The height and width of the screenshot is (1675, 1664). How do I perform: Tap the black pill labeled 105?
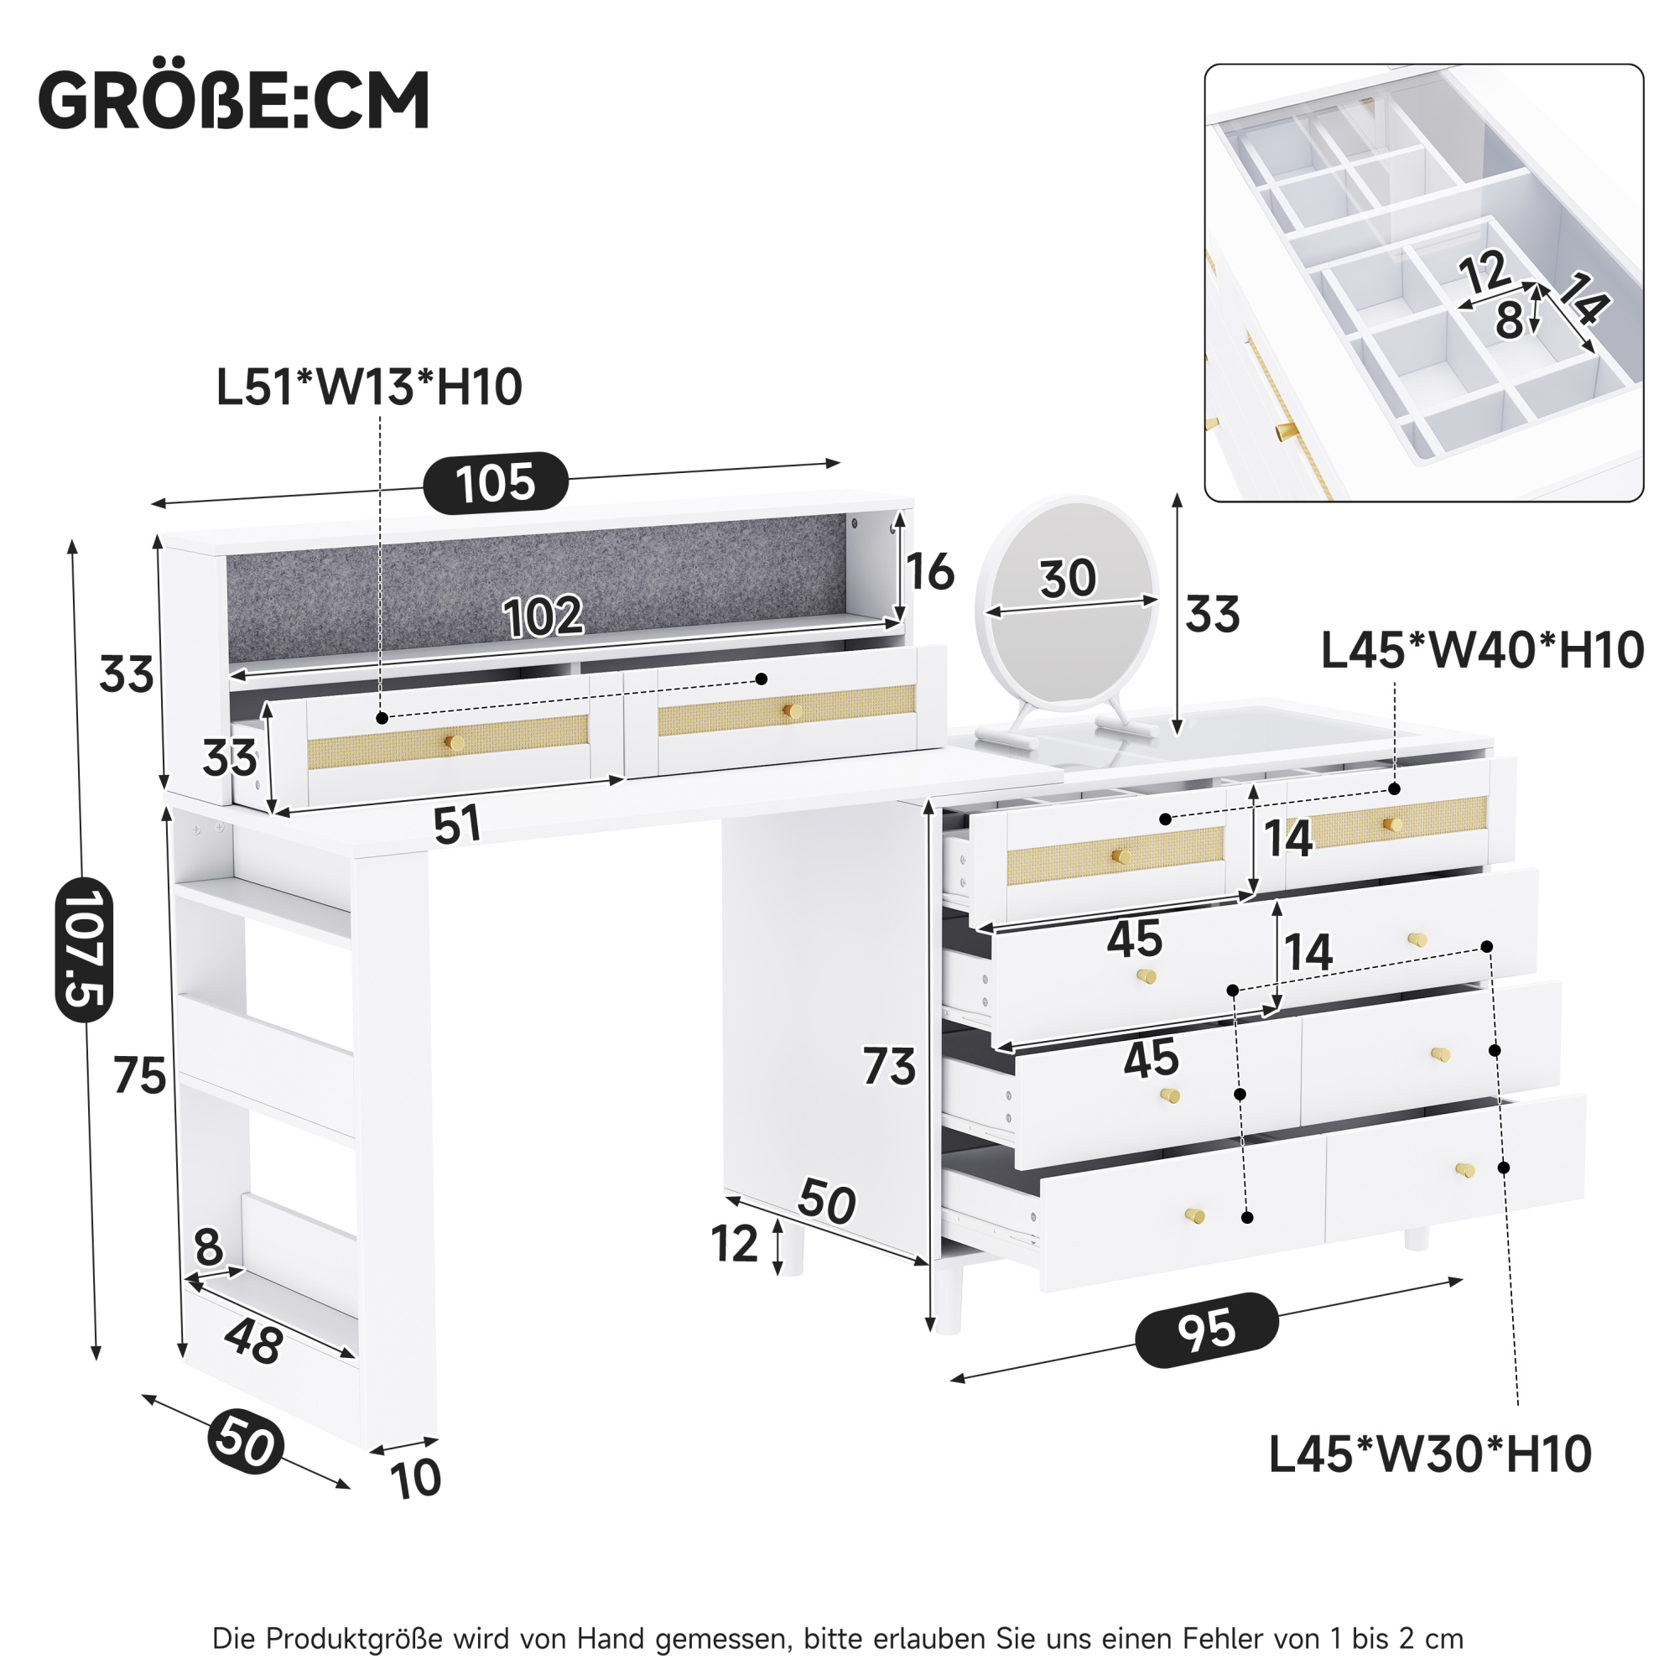495,482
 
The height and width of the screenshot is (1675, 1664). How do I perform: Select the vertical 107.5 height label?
84,949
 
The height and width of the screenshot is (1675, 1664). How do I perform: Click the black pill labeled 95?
1207,1329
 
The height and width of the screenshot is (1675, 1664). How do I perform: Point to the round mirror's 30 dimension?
1068,578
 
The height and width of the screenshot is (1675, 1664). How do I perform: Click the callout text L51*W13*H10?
368,387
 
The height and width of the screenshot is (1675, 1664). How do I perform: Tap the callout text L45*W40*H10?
1482,650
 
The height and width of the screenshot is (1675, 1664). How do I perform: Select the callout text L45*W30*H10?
1430,1454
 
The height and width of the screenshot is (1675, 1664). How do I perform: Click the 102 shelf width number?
543,616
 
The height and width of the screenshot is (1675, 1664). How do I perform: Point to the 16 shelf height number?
929,572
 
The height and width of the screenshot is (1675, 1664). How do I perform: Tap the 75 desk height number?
139,1076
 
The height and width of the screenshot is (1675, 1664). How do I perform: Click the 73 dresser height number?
889,1066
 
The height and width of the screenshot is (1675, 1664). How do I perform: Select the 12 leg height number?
735,1244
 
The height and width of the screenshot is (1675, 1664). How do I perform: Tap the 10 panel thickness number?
416,1479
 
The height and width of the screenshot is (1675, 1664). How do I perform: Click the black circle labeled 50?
247,1442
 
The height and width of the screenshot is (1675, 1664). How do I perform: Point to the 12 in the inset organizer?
1485,273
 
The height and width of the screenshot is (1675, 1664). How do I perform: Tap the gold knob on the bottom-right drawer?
1464,1170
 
